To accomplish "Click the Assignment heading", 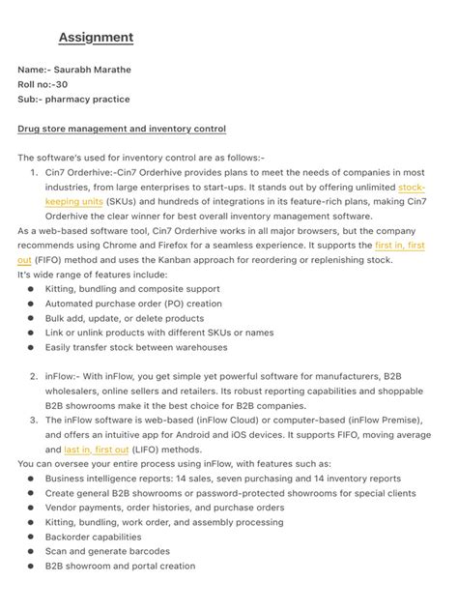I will [96, 38].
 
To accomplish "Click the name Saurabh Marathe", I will [96, 71].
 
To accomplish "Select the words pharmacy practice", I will [89, 100].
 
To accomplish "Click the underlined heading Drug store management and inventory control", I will [122, 129].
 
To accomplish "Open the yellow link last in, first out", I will [97, 450].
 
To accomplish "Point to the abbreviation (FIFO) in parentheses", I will [48, 260].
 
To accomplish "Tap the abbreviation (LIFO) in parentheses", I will [149, 450].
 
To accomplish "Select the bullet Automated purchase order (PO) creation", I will [133, 304].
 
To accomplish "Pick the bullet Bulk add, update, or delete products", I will [125, 318].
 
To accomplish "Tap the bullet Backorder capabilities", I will [93, 537].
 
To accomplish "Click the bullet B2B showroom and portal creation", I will [120, 566].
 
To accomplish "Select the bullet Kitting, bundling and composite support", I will [132, 289].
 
